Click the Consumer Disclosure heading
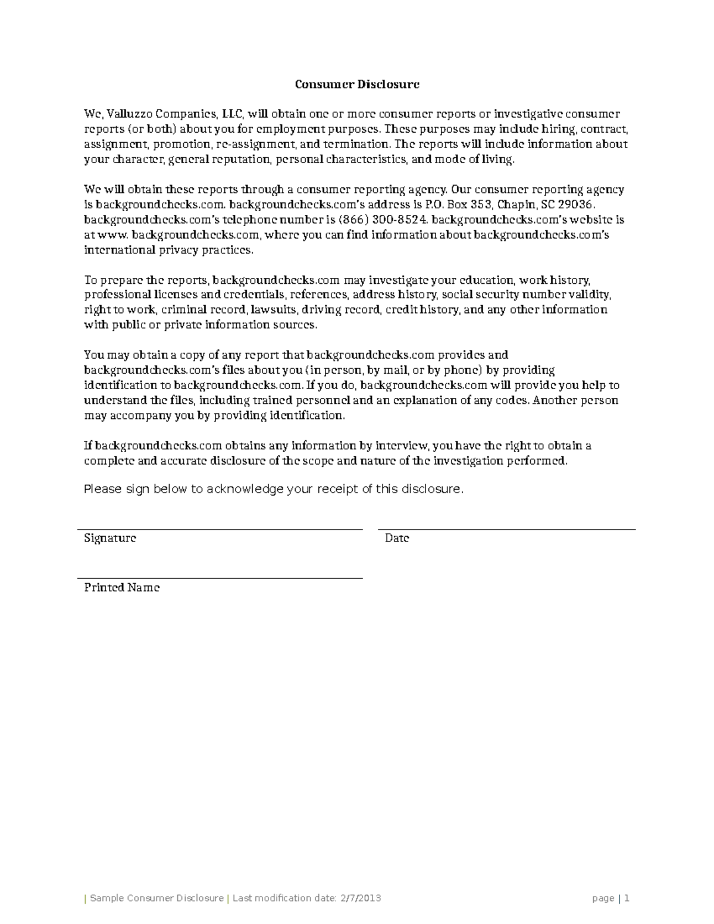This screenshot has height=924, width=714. [357, 84]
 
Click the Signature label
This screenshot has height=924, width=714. [110, 538]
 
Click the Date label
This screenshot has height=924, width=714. [397, 538]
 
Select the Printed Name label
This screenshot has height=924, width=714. [122, 587]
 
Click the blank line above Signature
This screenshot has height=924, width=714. [220, 528]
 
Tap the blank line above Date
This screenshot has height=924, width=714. [507, 528]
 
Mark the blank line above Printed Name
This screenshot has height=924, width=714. [220, 578]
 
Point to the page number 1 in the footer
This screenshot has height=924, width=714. [627, 898]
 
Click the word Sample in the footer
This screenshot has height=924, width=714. [107, 898]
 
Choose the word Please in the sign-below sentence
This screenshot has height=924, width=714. [102, 489]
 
